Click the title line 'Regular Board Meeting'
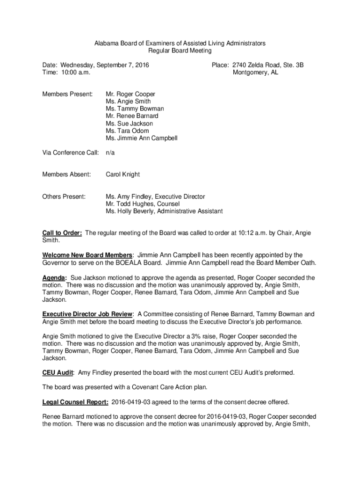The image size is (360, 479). [x=180, y=51]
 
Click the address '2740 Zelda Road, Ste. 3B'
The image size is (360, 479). [x=267, y=65]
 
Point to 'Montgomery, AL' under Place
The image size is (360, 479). [x=255, y=73]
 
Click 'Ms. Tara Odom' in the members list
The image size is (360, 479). [x=127, y=131]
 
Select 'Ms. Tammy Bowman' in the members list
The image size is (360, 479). [x=135, y=109]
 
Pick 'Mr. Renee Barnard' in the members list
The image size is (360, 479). [x=132, y=116]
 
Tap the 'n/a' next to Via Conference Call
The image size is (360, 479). [x=110, y=152]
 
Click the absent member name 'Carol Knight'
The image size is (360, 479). [x=122, y=174]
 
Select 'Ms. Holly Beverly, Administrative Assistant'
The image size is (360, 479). [x=164, y=211]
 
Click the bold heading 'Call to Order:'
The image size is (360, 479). [x=63, y=233]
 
